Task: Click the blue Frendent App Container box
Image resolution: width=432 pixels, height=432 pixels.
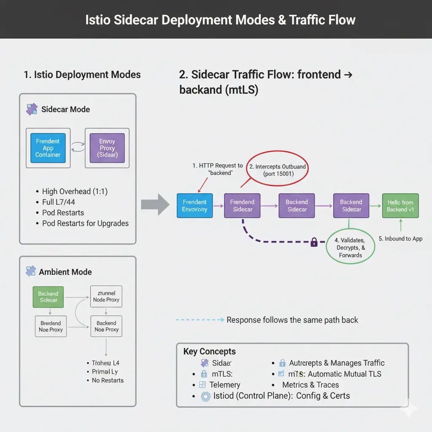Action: click(x=48, y=148)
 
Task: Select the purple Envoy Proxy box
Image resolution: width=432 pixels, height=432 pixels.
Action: click(x=107, y=148)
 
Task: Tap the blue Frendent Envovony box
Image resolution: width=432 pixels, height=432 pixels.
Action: click(x=194, y=206)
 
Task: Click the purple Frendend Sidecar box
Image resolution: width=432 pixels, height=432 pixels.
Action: click(x=242, y=206)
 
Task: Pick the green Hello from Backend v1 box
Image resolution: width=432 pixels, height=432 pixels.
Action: click(x=400, y=206)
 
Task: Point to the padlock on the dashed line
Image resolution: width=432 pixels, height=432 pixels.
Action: click(x=314, y=242)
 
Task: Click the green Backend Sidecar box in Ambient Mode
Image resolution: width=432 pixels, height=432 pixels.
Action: click(x=49, y=297)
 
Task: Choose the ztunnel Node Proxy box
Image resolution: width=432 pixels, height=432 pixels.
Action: click(x=106, y=297)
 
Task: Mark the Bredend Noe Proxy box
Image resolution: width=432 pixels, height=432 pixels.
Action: click(x=51, y=327)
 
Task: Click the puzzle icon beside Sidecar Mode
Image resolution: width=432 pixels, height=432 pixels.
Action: click(x=32, y=109)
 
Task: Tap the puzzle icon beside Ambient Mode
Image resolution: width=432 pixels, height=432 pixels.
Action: click(x=30, y=272)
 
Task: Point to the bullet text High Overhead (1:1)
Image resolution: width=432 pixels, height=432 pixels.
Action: click(x=75, y=192)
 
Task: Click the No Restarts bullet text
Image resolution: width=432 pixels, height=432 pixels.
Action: click(x=108, y=380)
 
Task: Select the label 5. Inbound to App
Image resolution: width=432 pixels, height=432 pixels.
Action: click(x=400, y=239)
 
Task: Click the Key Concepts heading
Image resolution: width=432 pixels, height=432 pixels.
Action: click(x=209, y=351)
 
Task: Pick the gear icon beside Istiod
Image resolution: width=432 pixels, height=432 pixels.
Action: click(x=205, y=396)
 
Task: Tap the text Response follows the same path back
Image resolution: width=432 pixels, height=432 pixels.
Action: click(x=292, y=320)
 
